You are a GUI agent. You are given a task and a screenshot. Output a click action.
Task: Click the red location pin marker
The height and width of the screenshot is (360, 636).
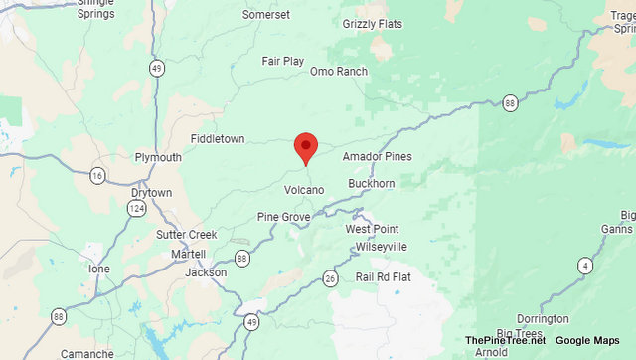(306, 147)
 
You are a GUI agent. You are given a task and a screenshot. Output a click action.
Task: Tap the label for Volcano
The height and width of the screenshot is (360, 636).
(304, 190)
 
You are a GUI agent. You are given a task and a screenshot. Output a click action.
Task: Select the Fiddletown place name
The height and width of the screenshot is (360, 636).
(218, 139)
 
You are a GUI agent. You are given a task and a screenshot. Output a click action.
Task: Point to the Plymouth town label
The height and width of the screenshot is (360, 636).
(158, 157)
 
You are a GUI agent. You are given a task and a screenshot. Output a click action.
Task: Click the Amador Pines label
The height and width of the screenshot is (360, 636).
(377, 157)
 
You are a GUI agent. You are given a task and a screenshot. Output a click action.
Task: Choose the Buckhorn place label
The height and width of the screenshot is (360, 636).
(373, 184)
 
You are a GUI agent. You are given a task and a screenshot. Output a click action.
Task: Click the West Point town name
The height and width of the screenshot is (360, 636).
(372, 229)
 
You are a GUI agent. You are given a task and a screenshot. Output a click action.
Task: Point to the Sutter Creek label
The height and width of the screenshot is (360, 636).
(186, 235)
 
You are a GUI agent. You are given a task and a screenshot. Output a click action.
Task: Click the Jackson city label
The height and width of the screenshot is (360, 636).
(206, 271)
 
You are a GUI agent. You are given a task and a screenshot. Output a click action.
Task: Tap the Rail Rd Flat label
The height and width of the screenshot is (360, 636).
(383, 276)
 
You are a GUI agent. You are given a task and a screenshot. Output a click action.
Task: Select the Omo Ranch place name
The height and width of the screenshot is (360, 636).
(338, 72)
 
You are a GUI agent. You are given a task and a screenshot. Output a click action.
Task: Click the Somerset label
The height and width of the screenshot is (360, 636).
(266, 15)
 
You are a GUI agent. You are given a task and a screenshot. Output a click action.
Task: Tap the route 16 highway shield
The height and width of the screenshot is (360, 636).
(96, 176)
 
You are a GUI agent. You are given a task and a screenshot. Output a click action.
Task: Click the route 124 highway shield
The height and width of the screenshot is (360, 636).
(135, 208)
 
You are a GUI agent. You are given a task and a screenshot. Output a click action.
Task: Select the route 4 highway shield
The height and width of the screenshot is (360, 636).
(585, 265)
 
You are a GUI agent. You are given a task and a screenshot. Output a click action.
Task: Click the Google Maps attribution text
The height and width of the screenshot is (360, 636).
(587, 341)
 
